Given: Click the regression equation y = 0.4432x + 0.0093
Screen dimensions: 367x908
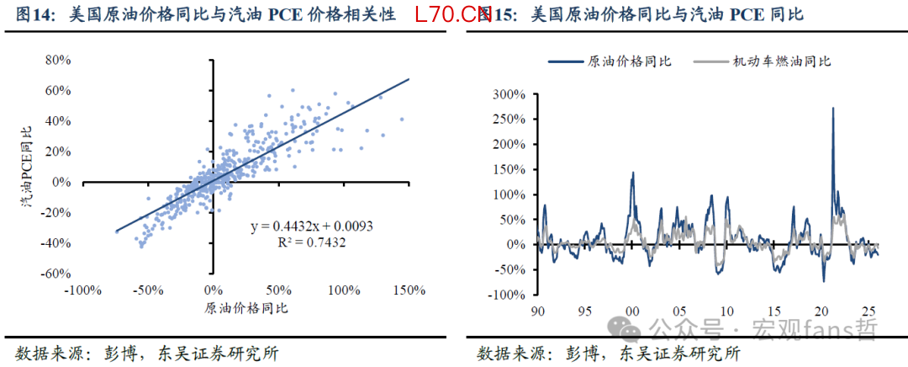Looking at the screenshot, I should pyautogui.click(x=311, y=227).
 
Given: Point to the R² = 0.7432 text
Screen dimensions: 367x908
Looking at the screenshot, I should pyautogui.click(x=311, y=242).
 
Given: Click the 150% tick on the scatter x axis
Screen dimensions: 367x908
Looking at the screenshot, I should pyautogui.click(x=409, y=290).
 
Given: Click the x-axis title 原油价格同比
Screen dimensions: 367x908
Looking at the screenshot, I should pyautogui.click(x=246, y=308).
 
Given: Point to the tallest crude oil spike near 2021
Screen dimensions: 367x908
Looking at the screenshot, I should pyautogui.click(x=832, y=109).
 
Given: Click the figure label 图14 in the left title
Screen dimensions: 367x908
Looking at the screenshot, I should pyautogui.click(x=33, y=15).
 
